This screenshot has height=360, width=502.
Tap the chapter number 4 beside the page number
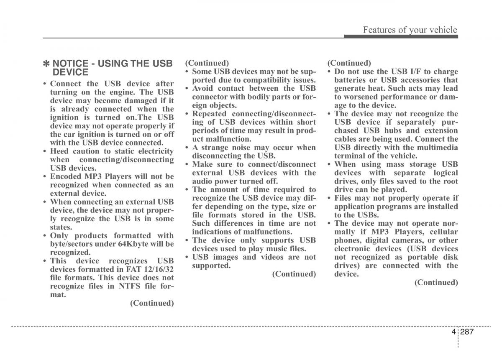[453, 332]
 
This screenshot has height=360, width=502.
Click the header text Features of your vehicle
[410, 30]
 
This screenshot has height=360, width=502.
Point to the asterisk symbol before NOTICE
[47, 64]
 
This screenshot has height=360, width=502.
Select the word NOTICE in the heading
[70, 64]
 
